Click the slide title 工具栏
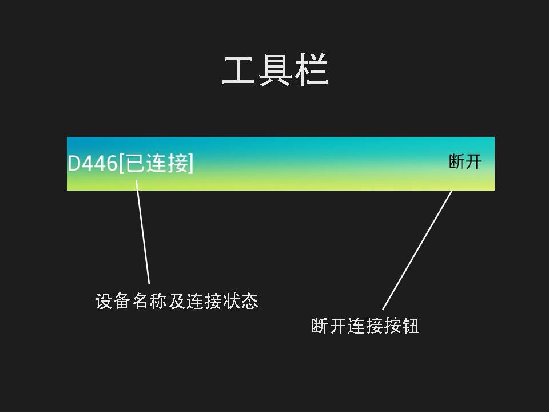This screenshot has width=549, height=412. point(274,71)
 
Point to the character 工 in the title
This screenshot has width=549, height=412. point(238,71)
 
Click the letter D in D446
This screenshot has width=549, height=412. point(74,164)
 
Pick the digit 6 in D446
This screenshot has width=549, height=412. point(112,164)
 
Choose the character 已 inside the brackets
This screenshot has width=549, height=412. point(135,164)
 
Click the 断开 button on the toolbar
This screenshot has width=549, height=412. point(465,162)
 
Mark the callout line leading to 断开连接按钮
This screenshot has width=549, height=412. point(417,249)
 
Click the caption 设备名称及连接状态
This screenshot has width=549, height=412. point(177,301)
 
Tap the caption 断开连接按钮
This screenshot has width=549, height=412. point(365,326)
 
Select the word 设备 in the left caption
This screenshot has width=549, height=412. point(113,301)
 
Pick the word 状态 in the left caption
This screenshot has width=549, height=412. point(240,301)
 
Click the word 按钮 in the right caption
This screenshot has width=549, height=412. point(401,326)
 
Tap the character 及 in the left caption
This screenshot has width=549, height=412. point(177,301)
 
